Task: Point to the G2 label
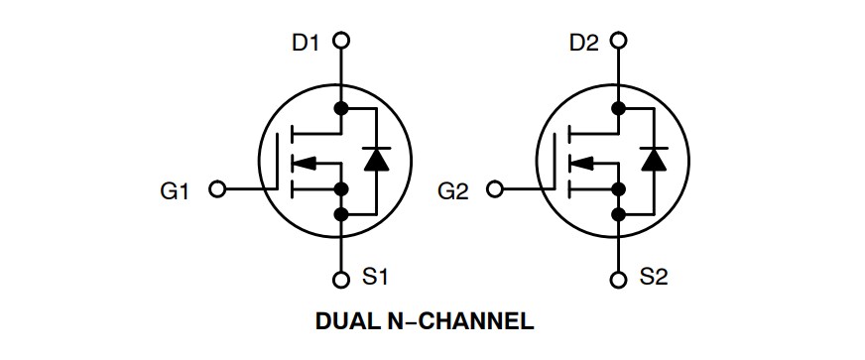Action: pyautogui.click(x=451, y=189)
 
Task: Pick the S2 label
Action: pyautogui.click(x=654, y=278)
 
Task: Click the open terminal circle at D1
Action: pyautogui.click(x=341, y=41)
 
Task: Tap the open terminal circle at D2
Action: pyautogui.click(x=619, y=41)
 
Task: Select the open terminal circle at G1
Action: pyautogui.click(x=219, y=188)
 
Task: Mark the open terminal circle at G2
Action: pyautogui.click(x=497, y=188)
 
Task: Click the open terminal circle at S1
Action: pyautogui.click(x=341, y=279)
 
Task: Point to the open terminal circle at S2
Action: pyautogui.click(x=619, y=279)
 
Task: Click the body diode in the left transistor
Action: pyautogui.click(x=374, y=159)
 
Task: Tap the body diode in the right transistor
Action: pyautogui.click(x=652, y=159)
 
